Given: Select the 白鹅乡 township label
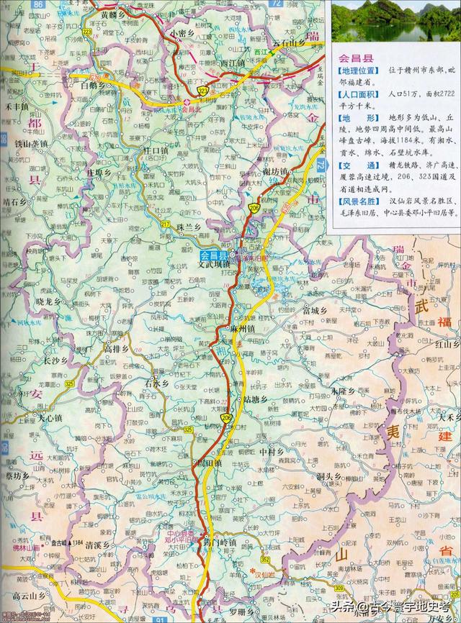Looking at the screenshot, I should tap(94, 85).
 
